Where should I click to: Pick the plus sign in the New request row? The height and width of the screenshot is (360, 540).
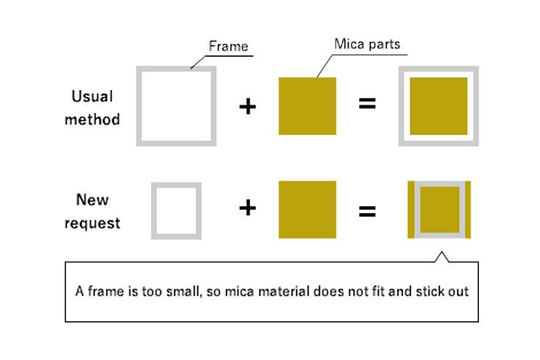tap(248, 209)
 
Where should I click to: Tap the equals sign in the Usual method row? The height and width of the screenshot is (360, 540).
tap(367, 104)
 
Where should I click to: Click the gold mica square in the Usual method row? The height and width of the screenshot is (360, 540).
tap(307, 106)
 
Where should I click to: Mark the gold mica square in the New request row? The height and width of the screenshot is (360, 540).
tap(307, 209)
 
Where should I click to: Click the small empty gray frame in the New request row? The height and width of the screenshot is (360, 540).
tap(176, 210)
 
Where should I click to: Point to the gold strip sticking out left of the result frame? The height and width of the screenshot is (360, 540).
tap(411, 210)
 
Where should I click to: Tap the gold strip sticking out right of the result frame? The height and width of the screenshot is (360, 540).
tap(468, 210)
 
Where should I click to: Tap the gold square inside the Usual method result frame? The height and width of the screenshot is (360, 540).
tap(438, 106)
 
